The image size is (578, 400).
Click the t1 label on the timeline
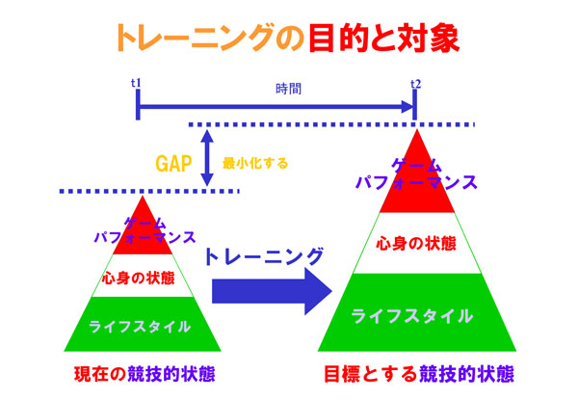[x=137, y=84]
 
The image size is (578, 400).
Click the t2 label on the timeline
[x=415, y=84]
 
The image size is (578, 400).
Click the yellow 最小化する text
[x=255, y=163]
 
